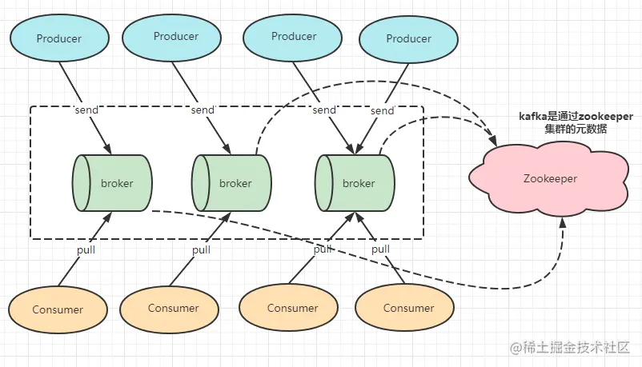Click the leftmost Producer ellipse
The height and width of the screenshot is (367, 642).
[x=59, y=38]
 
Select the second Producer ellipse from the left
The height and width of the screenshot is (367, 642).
[x=172, y=38]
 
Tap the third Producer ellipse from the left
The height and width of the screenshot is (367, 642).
[x=292, y=38]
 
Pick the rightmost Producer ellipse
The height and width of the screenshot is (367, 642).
[x=408, y=39]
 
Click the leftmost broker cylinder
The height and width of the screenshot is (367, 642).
[x=112, y=183]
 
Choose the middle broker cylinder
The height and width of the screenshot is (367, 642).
[x=231, y=183]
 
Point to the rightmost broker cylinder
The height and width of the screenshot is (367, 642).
[x=355, y=183]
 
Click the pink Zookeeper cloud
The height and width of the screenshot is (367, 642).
[x=548, y=178]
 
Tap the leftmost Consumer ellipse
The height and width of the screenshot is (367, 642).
[x=58, y=309]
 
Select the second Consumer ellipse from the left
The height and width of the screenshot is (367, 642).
[x=170, y=309]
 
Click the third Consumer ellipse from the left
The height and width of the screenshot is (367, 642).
[x=289, y=308]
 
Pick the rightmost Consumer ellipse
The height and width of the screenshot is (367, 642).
[x=404, y=308]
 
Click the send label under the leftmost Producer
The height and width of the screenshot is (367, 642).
[x=86, y=110]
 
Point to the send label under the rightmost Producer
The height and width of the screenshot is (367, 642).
[x=382, y=110]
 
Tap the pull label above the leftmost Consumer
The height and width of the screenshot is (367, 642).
[x=86, y=249]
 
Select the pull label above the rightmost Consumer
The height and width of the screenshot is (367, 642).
[x=380, y=249]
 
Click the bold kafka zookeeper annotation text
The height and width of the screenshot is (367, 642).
[x=576, y=122]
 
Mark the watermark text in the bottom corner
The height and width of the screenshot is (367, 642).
[x=569, y=348]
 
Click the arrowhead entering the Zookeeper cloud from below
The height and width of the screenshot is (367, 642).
[x=563, y=223]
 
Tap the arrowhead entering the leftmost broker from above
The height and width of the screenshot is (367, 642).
[x=107, y=149]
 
